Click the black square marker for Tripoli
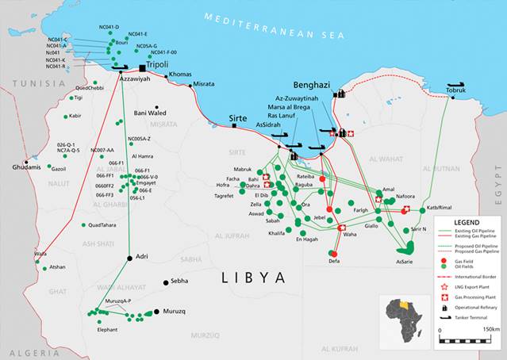coord(144,69)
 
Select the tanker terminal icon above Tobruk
coord(456,83)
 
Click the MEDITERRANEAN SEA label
coord(274,25)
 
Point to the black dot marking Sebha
coord(166,282)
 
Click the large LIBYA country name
coord(253,277)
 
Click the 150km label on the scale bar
coord(490,329)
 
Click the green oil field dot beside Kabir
coord(66,117)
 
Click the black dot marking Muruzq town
coord(157,312)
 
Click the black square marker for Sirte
coord(234,125)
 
